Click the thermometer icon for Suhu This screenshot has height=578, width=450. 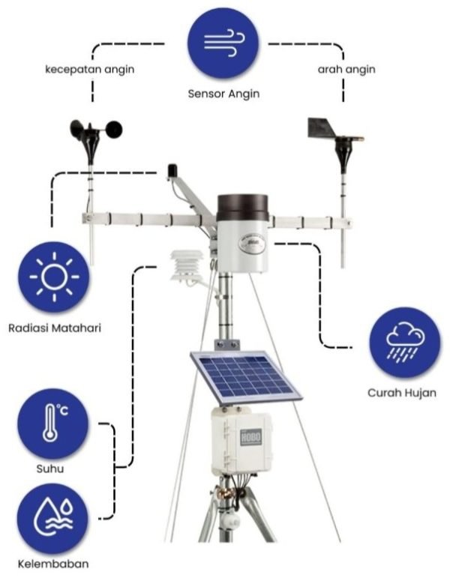[52, 427]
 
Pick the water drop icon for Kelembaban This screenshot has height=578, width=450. [53, 518]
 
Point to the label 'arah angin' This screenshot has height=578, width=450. [346, 70]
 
